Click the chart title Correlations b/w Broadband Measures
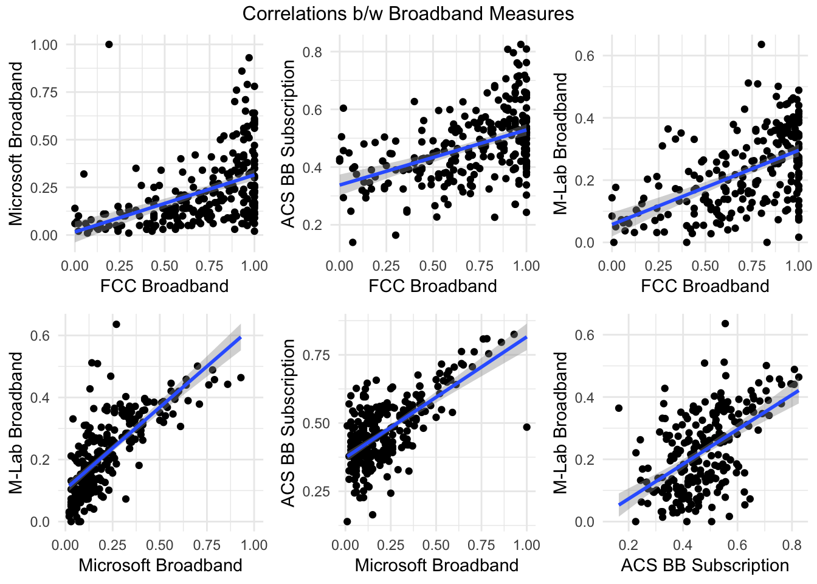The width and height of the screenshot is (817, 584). (x=408, y=13)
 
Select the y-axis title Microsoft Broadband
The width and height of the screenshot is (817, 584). (x=16, y=144)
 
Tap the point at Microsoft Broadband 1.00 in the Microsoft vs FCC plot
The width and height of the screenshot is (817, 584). (x=109, y=44)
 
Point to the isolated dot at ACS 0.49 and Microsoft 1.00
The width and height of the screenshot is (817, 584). (x=526, y=427)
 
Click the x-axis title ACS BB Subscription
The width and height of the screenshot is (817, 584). (x=705, y=565)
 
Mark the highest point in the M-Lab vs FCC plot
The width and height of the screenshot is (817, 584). (x=761, y=44)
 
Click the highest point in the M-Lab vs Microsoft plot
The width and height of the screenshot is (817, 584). (x=116, y=324)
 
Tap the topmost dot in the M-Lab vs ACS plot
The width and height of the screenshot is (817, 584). (x=725, y=324)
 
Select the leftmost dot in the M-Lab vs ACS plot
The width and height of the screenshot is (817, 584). (x=619, y=408)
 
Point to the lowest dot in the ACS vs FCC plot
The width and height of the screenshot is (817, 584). (x=353, y=242)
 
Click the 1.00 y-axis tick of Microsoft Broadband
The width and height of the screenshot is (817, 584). (x=44, y=45)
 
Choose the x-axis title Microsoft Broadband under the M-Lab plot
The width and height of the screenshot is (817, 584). (x=160, y=565)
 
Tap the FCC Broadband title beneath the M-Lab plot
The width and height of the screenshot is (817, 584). (x=705, y=285)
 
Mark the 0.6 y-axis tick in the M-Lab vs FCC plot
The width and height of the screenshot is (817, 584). (x=585, y=56)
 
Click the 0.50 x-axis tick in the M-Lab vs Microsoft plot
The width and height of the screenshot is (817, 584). (x=160, y=544)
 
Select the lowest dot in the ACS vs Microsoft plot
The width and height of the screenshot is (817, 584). (x=347, y=521)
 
